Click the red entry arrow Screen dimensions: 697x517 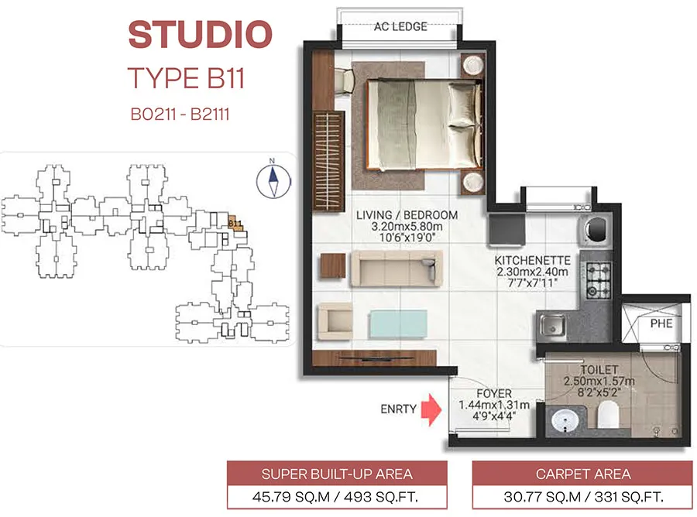click(x=431, y=409)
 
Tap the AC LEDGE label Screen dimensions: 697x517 click(x=400, y=26)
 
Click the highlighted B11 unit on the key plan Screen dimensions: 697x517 click(x=235, y=223)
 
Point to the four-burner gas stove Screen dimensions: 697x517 click(x=598, y=280)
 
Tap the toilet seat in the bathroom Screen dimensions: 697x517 click(x=608, y=415)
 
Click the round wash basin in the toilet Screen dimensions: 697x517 click(x=565, y=420)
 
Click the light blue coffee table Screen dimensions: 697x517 click(x=398, y=324)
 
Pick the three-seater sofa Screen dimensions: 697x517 click(x=397, y=269)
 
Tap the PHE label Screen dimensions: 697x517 click(x=661, y=324)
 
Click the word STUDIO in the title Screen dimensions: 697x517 click(x=200, y=35)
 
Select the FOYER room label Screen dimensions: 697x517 click(x=494, y=393)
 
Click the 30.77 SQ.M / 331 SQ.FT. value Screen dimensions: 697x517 click(x=583, y=497)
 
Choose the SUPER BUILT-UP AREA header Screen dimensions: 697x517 click(x=337, y=474)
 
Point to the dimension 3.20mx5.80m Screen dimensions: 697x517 click(x=407, y=226)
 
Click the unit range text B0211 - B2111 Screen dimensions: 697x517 click(x=180, y=114)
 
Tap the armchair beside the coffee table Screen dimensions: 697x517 click(x=335, y=321)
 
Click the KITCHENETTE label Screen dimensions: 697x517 click(x=533, y=260)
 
